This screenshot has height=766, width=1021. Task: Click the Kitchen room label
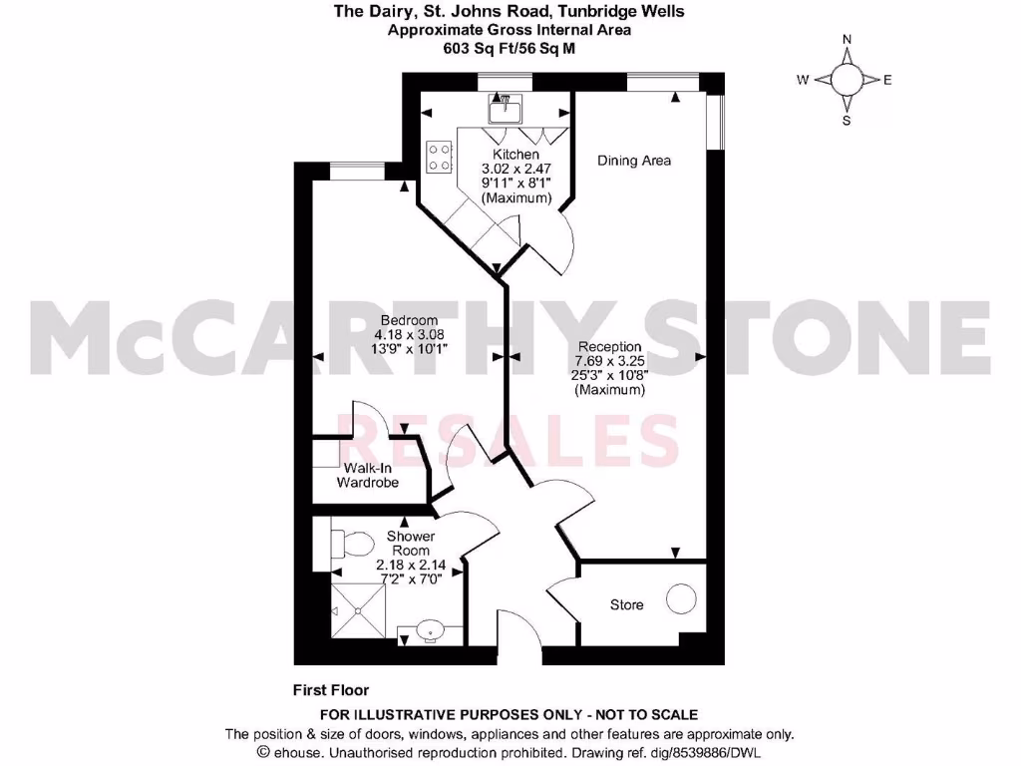[x=515, y=155]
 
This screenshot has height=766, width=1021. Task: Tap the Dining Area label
[x=634, y=161]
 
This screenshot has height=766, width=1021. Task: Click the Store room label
[x=627, y=604]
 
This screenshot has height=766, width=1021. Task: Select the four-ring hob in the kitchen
[x=440, y=157]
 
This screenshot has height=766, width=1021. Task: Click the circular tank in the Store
[x=682, y=599]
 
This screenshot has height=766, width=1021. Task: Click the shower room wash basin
[x=430, y=630]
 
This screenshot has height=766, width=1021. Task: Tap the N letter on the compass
[x=847, y=40]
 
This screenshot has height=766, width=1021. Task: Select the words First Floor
[x=331, y=689]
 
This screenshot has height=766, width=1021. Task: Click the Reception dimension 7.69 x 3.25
[x=609, y=360]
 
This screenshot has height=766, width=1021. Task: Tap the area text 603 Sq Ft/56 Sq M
[x=510, y=47]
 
